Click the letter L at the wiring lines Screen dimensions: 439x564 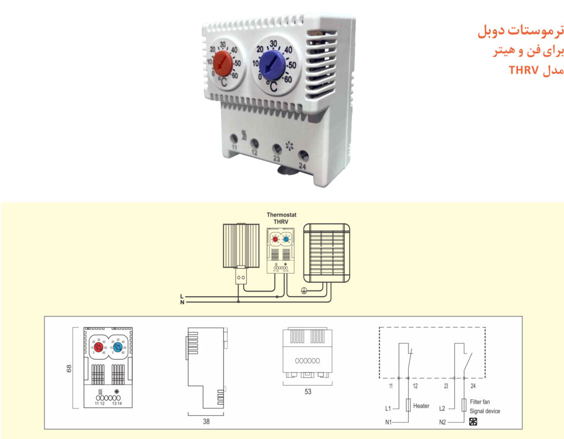click(x=182, y=297)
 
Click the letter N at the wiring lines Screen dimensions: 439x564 click(x=182, y=302)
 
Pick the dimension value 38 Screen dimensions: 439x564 click(x=207, y=422)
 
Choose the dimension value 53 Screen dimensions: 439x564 click(x=308, y=392)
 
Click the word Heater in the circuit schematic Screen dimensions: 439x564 click(x=421, y=406)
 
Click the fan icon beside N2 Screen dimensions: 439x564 click(x=473, y=422)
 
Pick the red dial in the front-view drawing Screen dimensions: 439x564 click(x=98, y=348)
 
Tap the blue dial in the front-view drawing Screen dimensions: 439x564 click(x=117, y=348)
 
